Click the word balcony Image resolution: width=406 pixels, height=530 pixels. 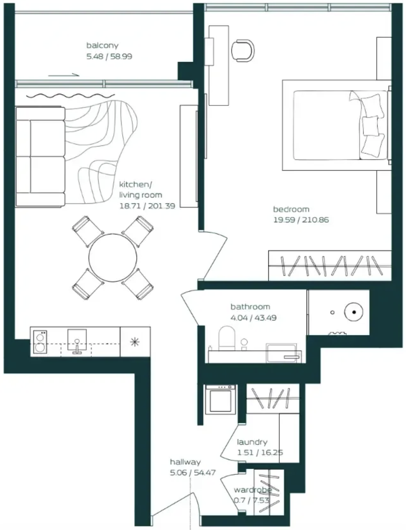pyautogui.click(x=102, y=46)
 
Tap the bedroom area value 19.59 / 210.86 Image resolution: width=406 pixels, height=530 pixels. pyautogui.click(x=301, y=220)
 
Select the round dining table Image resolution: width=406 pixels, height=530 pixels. pyautogui.click(x=113, y=258)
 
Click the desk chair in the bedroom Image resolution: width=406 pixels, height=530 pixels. pyautogui.click(x=243, y=51)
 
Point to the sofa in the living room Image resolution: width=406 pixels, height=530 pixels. pyautogui.click(x=40, y=157)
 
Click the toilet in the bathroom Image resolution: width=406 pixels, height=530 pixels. pyautogui.click(x=227, y=338)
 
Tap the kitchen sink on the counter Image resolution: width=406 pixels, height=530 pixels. pyautogui.click(x=77, y=341)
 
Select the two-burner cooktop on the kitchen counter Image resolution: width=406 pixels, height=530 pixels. pyautogui.click(x=40, y=342)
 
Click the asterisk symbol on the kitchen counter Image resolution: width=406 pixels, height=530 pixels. pyautogui.click(x=135, y=342)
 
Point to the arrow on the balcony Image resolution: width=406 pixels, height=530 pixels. pyautogui.click(x=64, y=75)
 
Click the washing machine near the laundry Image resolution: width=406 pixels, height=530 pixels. pyautogui.click(x=220, y=399)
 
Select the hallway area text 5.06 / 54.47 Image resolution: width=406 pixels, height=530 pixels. pyautogui.click(x=193, y=473)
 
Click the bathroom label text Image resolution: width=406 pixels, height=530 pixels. pyautogui.click(x=250, y=307)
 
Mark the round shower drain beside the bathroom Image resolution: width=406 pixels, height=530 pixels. pyautogui.click(x=354, y=312)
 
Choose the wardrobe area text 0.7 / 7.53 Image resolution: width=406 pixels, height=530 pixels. pyautogui.click(x=252, y=500)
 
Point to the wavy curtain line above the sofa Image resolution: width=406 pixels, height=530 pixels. pyautogui.click(x=70, y=96)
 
